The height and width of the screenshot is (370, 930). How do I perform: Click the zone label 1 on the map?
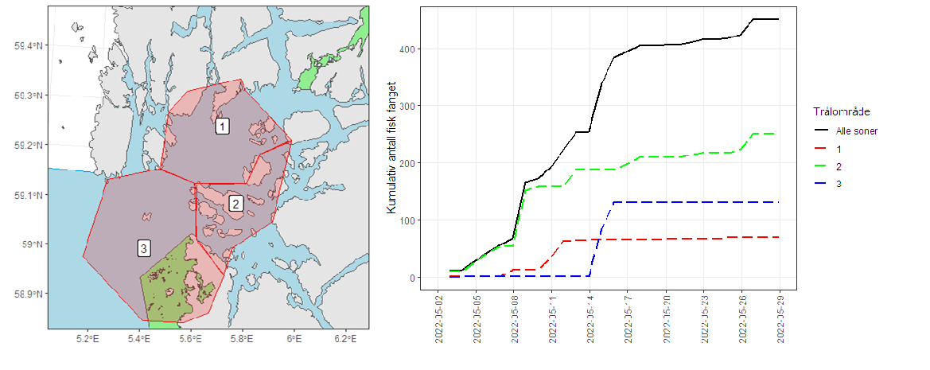223,126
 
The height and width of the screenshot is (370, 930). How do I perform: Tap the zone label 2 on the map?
235,204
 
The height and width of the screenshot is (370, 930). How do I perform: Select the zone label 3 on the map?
143,248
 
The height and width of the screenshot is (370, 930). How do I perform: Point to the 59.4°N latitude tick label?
29,46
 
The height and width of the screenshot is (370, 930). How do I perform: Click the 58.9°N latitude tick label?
29,294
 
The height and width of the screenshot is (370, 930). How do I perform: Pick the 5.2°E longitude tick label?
87,340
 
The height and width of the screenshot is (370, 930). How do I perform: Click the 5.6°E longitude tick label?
190,340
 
